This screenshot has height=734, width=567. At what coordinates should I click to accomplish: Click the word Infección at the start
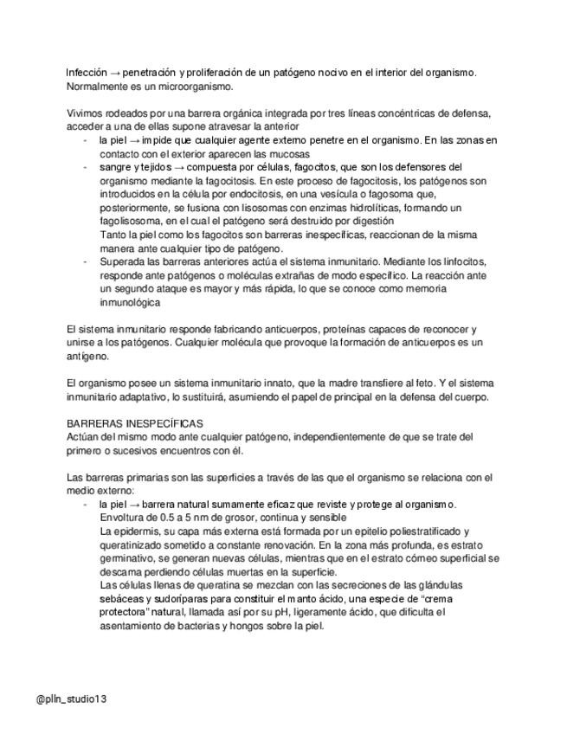pyautogui.click(x=87, y=73)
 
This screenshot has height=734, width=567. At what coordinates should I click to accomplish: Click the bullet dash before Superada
pyautogui.click(x=84, y=262)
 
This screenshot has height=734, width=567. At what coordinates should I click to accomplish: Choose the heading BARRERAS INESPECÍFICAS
pyautogui.click(x=135, y=423)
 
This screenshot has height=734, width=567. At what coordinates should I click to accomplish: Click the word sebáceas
pyautogui.click(x=122, y=598)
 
